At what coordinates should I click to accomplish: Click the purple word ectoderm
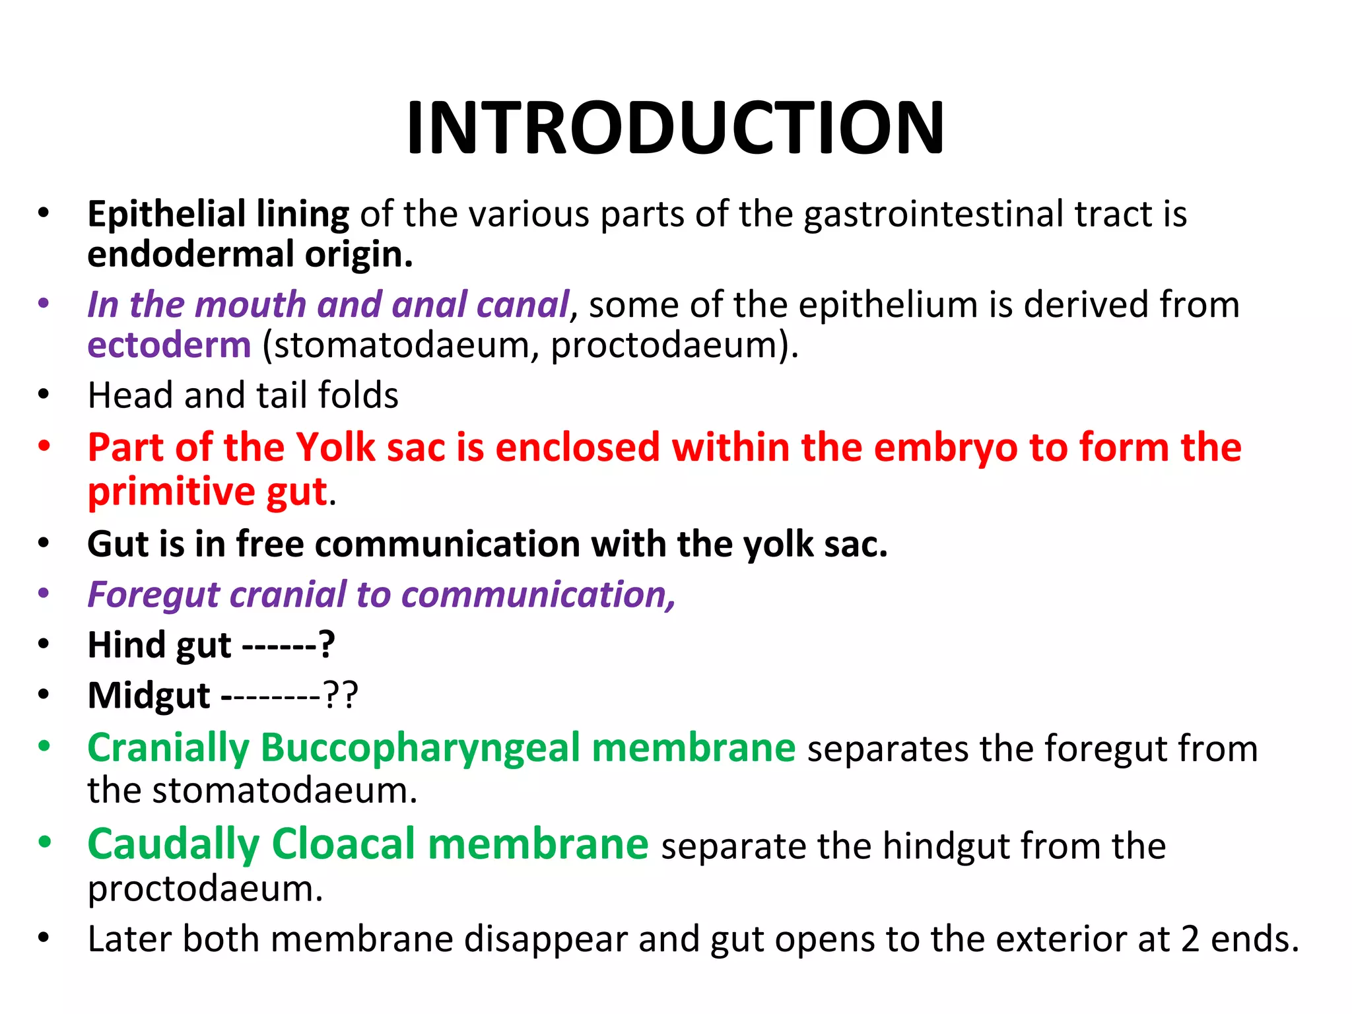pyautogui.click(x=169, y=345)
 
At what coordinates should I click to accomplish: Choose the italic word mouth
pyautogui.click(x=251, y=305)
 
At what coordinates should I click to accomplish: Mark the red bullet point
pyautogui.click(x=44, y=446)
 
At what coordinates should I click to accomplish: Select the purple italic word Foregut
pyautogui.click(x=152, y=594)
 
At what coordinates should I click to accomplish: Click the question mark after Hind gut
pyautogui.click(x=326, y=644)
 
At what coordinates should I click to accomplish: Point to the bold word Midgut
pyautogui.click(x=149, y=695)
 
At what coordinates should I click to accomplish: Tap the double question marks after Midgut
pyautogui.click(x=340, y=695)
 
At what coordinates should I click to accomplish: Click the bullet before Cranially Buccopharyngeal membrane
pyautogui.click(x=44, y=747)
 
